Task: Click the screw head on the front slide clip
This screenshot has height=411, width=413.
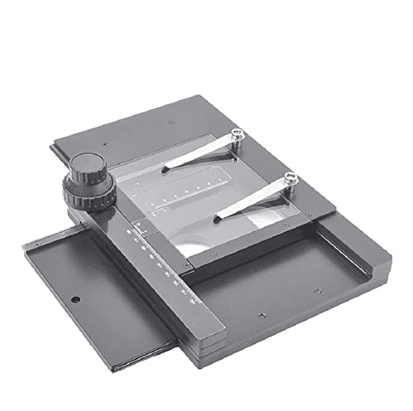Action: click(x=290, y=177)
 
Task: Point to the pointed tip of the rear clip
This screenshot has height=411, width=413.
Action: click(x=164, y=170)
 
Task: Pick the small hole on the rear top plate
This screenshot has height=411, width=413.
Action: click(x=170, y=121)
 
